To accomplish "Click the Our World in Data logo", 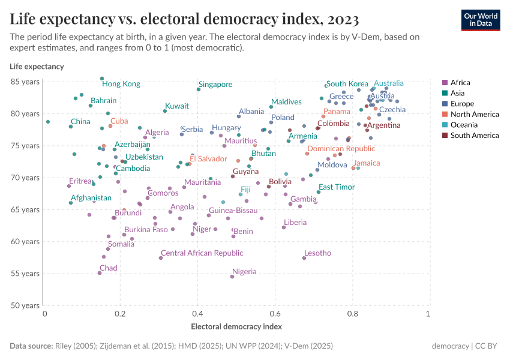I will (480, 19).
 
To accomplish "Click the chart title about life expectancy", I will (184, 19).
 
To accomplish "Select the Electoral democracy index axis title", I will (236, 327).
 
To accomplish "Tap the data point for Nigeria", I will (232, 277).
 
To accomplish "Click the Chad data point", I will (100, 273).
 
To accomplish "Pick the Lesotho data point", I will (304, 258).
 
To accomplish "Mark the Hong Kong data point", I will (102, 79).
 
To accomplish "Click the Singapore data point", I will (199, 89).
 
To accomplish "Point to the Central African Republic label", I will (202, 254).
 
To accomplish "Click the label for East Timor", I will (337, 187).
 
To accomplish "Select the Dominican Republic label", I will (341, 149).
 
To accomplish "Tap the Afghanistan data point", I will (71, 203).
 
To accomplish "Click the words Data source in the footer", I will (31, 346).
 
